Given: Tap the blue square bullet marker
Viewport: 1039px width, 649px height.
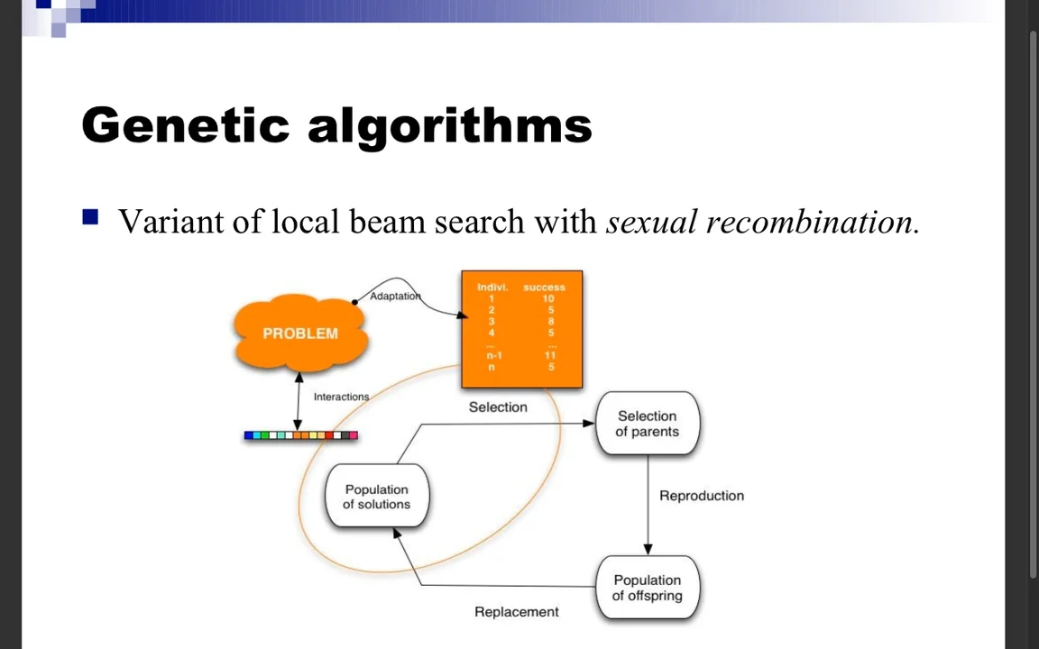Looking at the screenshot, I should (90, 217).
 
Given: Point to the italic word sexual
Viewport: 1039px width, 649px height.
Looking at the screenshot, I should (651, 222).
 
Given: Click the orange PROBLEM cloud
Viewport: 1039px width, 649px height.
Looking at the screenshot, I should (300, 334).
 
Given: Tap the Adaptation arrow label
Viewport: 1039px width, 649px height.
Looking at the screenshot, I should (395, 297).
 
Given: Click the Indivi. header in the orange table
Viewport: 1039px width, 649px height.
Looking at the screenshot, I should (492, 288).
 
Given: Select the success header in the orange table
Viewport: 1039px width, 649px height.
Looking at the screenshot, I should (544, 288).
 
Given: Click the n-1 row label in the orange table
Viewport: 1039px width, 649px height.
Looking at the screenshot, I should (493, 355).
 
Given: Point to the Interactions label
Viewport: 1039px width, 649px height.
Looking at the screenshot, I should (341, 397).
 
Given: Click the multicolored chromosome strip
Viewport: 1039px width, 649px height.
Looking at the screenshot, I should (300, 435).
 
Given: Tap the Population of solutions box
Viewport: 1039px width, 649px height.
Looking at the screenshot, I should (376, 497).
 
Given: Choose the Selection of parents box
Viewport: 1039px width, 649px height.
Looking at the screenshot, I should (647, 424).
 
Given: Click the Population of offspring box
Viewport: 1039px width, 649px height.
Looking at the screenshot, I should (647, 588).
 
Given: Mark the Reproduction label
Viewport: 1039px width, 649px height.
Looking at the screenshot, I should (701, 496).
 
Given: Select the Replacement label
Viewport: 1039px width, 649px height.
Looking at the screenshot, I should (516, 612).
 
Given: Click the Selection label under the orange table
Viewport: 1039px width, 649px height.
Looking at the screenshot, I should (498, 407).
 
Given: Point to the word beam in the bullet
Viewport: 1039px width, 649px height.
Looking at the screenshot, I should (387, 222).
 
